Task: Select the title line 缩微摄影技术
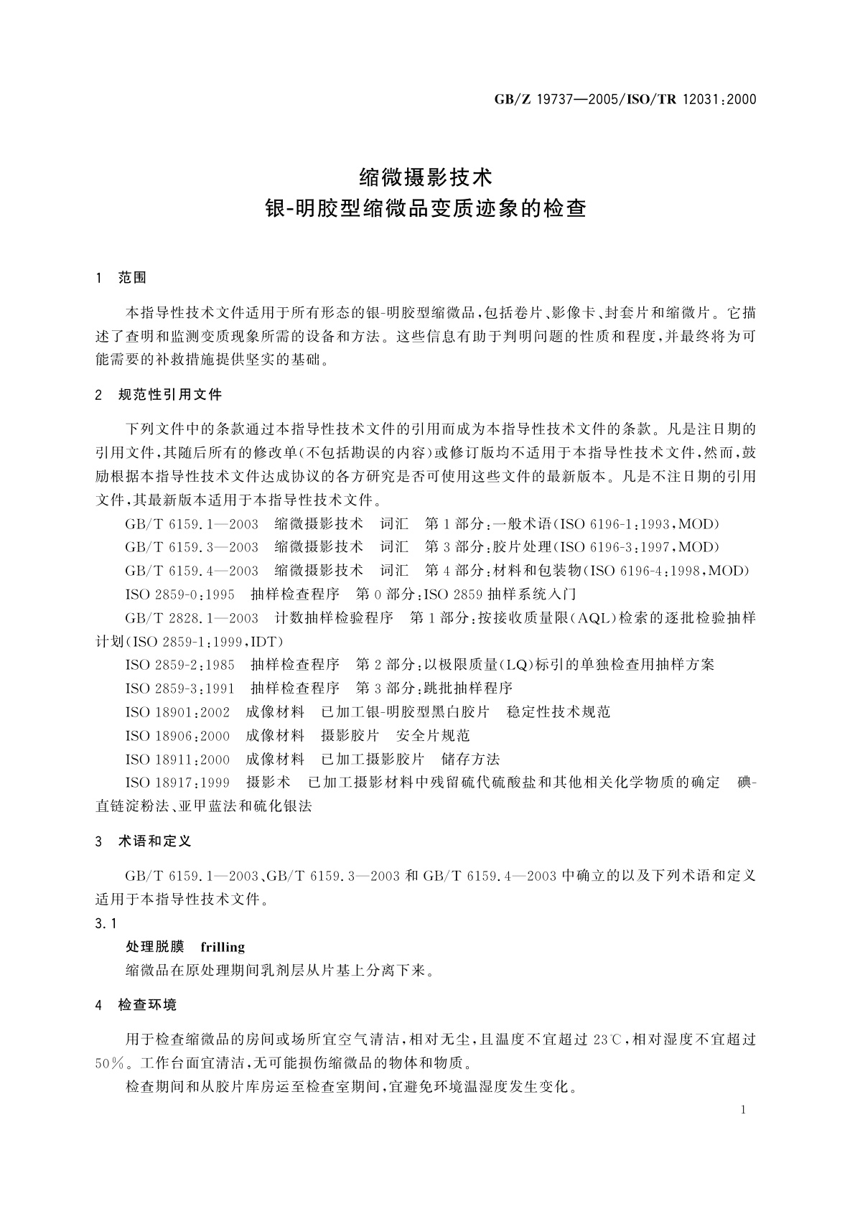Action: pyautogui.click(x=426, y=176)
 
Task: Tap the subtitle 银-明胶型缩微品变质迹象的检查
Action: pyautogui.click(x=426, y=209)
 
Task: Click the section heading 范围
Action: pyautogui.click(x=132, y=278)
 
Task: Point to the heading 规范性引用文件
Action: pyautogui.click(x=170, y=395)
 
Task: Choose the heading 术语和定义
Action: pyautogui.click(x=154, y=841)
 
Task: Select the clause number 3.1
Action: pyautogui.click(x=106, y=923)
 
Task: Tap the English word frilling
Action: pyautogui.click(x=223, y=947)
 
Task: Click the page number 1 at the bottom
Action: pyautogui.click(x=743, y=1109)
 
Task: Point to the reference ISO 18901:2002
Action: pyautogui.click(x=177, y=711)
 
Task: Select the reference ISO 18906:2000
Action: pyautogui.click(x=177, y=735)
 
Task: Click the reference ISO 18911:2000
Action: pyautogui.click(x=177, y=759)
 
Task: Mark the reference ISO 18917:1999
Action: pyautogui.click(x=177, y=783)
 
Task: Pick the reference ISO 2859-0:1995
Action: pyautogui.click(x=180, y=594)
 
